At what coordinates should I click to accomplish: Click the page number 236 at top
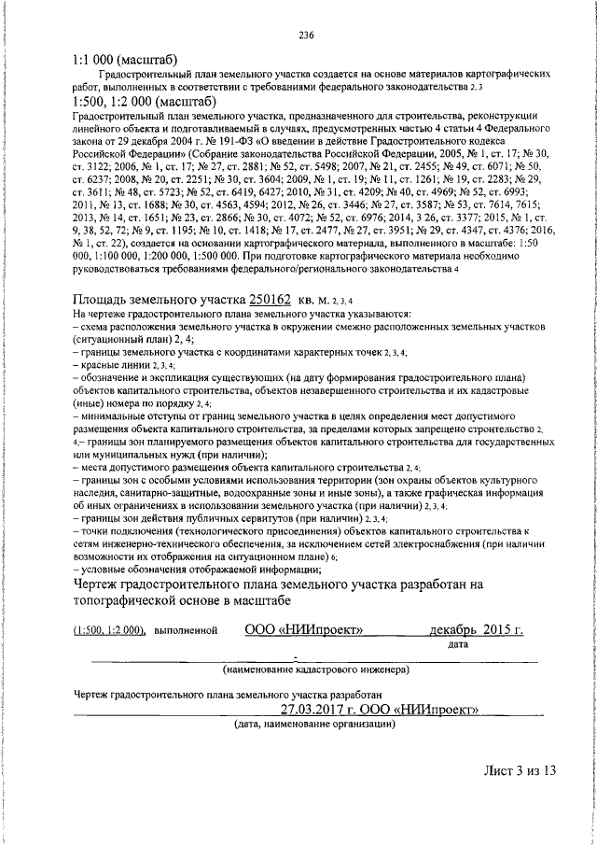tap(305, 36)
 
